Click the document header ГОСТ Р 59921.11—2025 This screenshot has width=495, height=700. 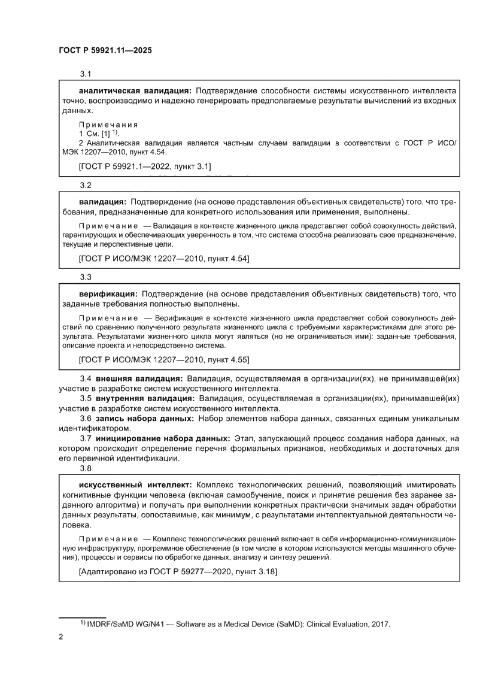coord(105,51)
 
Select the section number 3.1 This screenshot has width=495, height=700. coord(85,74)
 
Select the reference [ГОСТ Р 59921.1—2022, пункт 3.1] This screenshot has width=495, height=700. coord(145,165)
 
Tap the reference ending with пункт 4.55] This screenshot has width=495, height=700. coord(164,359)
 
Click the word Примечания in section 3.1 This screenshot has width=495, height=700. coord(108,125)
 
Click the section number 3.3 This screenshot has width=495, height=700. coord(85,277)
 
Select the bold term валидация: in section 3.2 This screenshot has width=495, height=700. coord(102,202)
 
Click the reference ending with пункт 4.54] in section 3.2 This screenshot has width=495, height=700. coord(164,258)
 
